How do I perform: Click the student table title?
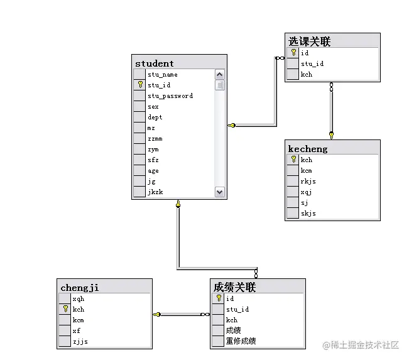[155, 63]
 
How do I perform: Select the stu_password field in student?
[170, 96]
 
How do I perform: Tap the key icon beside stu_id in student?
[140, 85]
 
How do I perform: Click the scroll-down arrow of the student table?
[220, 192]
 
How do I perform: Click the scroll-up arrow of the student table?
[220, 75]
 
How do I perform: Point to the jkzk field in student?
[155, 192]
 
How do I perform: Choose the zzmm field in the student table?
[154, 139]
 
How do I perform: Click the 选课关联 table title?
[310, 41]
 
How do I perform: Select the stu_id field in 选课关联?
[312, 64]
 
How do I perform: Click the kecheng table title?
[308, 148]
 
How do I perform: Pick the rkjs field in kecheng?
[308, 182]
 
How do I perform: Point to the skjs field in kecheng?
[308, 214]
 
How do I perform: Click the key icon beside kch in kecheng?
[293, 160]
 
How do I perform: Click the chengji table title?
[80, 288]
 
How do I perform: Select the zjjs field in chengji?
[80, 342]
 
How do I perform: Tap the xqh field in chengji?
[78, 299]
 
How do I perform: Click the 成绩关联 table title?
[234, 288]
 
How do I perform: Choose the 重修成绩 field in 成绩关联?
[241, 341]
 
